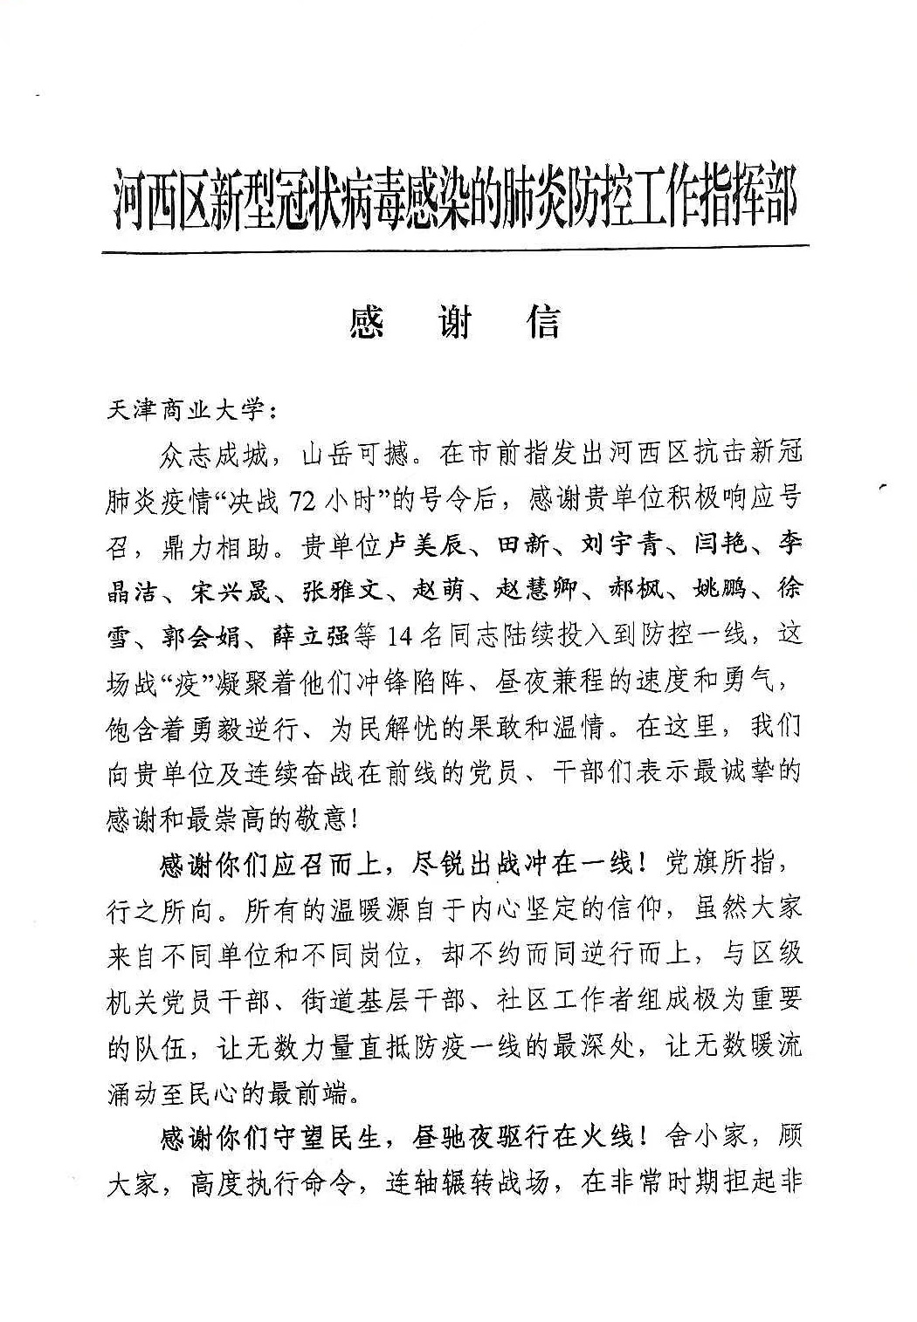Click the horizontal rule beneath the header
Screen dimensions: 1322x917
coord(454,251)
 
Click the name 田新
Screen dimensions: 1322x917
coord(523,545)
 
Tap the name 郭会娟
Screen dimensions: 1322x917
coord(201,636)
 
